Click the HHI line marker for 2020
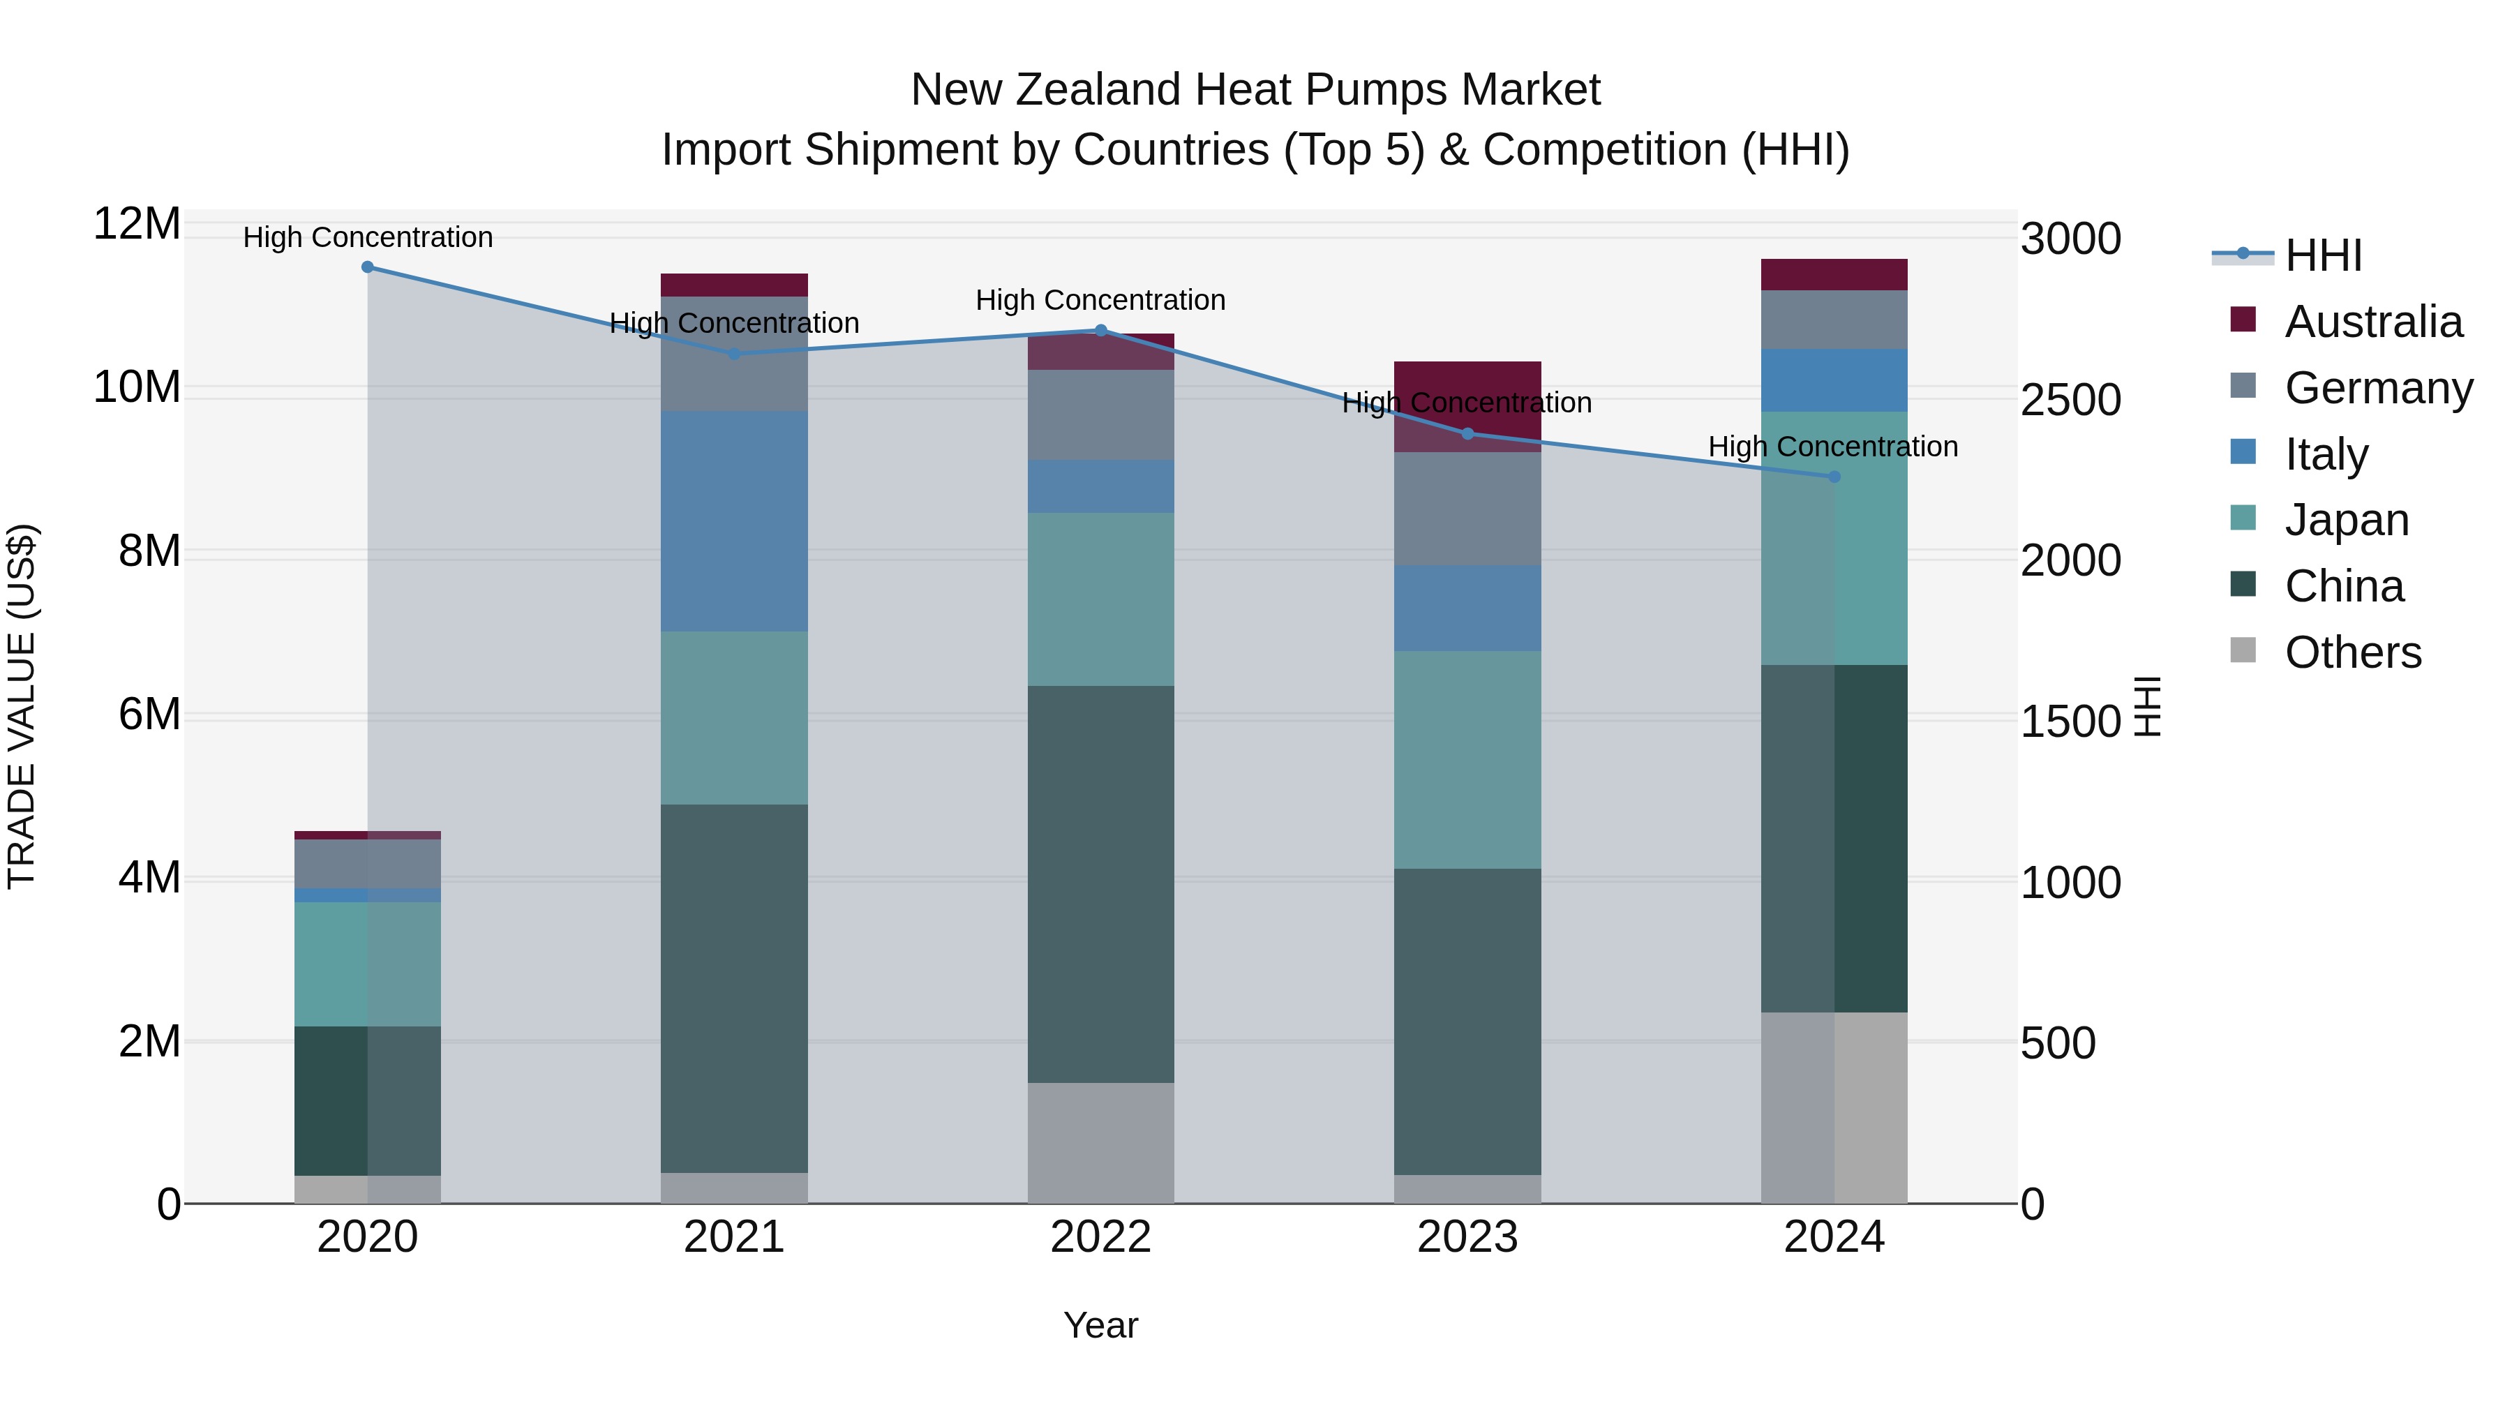point(368,267)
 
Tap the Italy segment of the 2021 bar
point(734,522)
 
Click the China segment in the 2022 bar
point(1101,885)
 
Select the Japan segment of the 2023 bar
point(1467,760)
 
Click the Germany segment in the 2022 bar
point(1101,414)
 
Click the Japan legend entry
point(2346,520)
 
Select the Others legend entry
point(2352,652)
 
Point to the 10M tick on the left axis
point(137,387)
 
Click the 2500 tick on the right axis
point(2070,400)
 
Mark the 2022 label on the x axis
point(1101,1237)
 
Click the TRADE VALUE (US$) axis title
point(22,706)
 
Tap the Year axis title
point(1101,1325)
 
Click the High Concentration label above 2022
point(1101,300)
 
